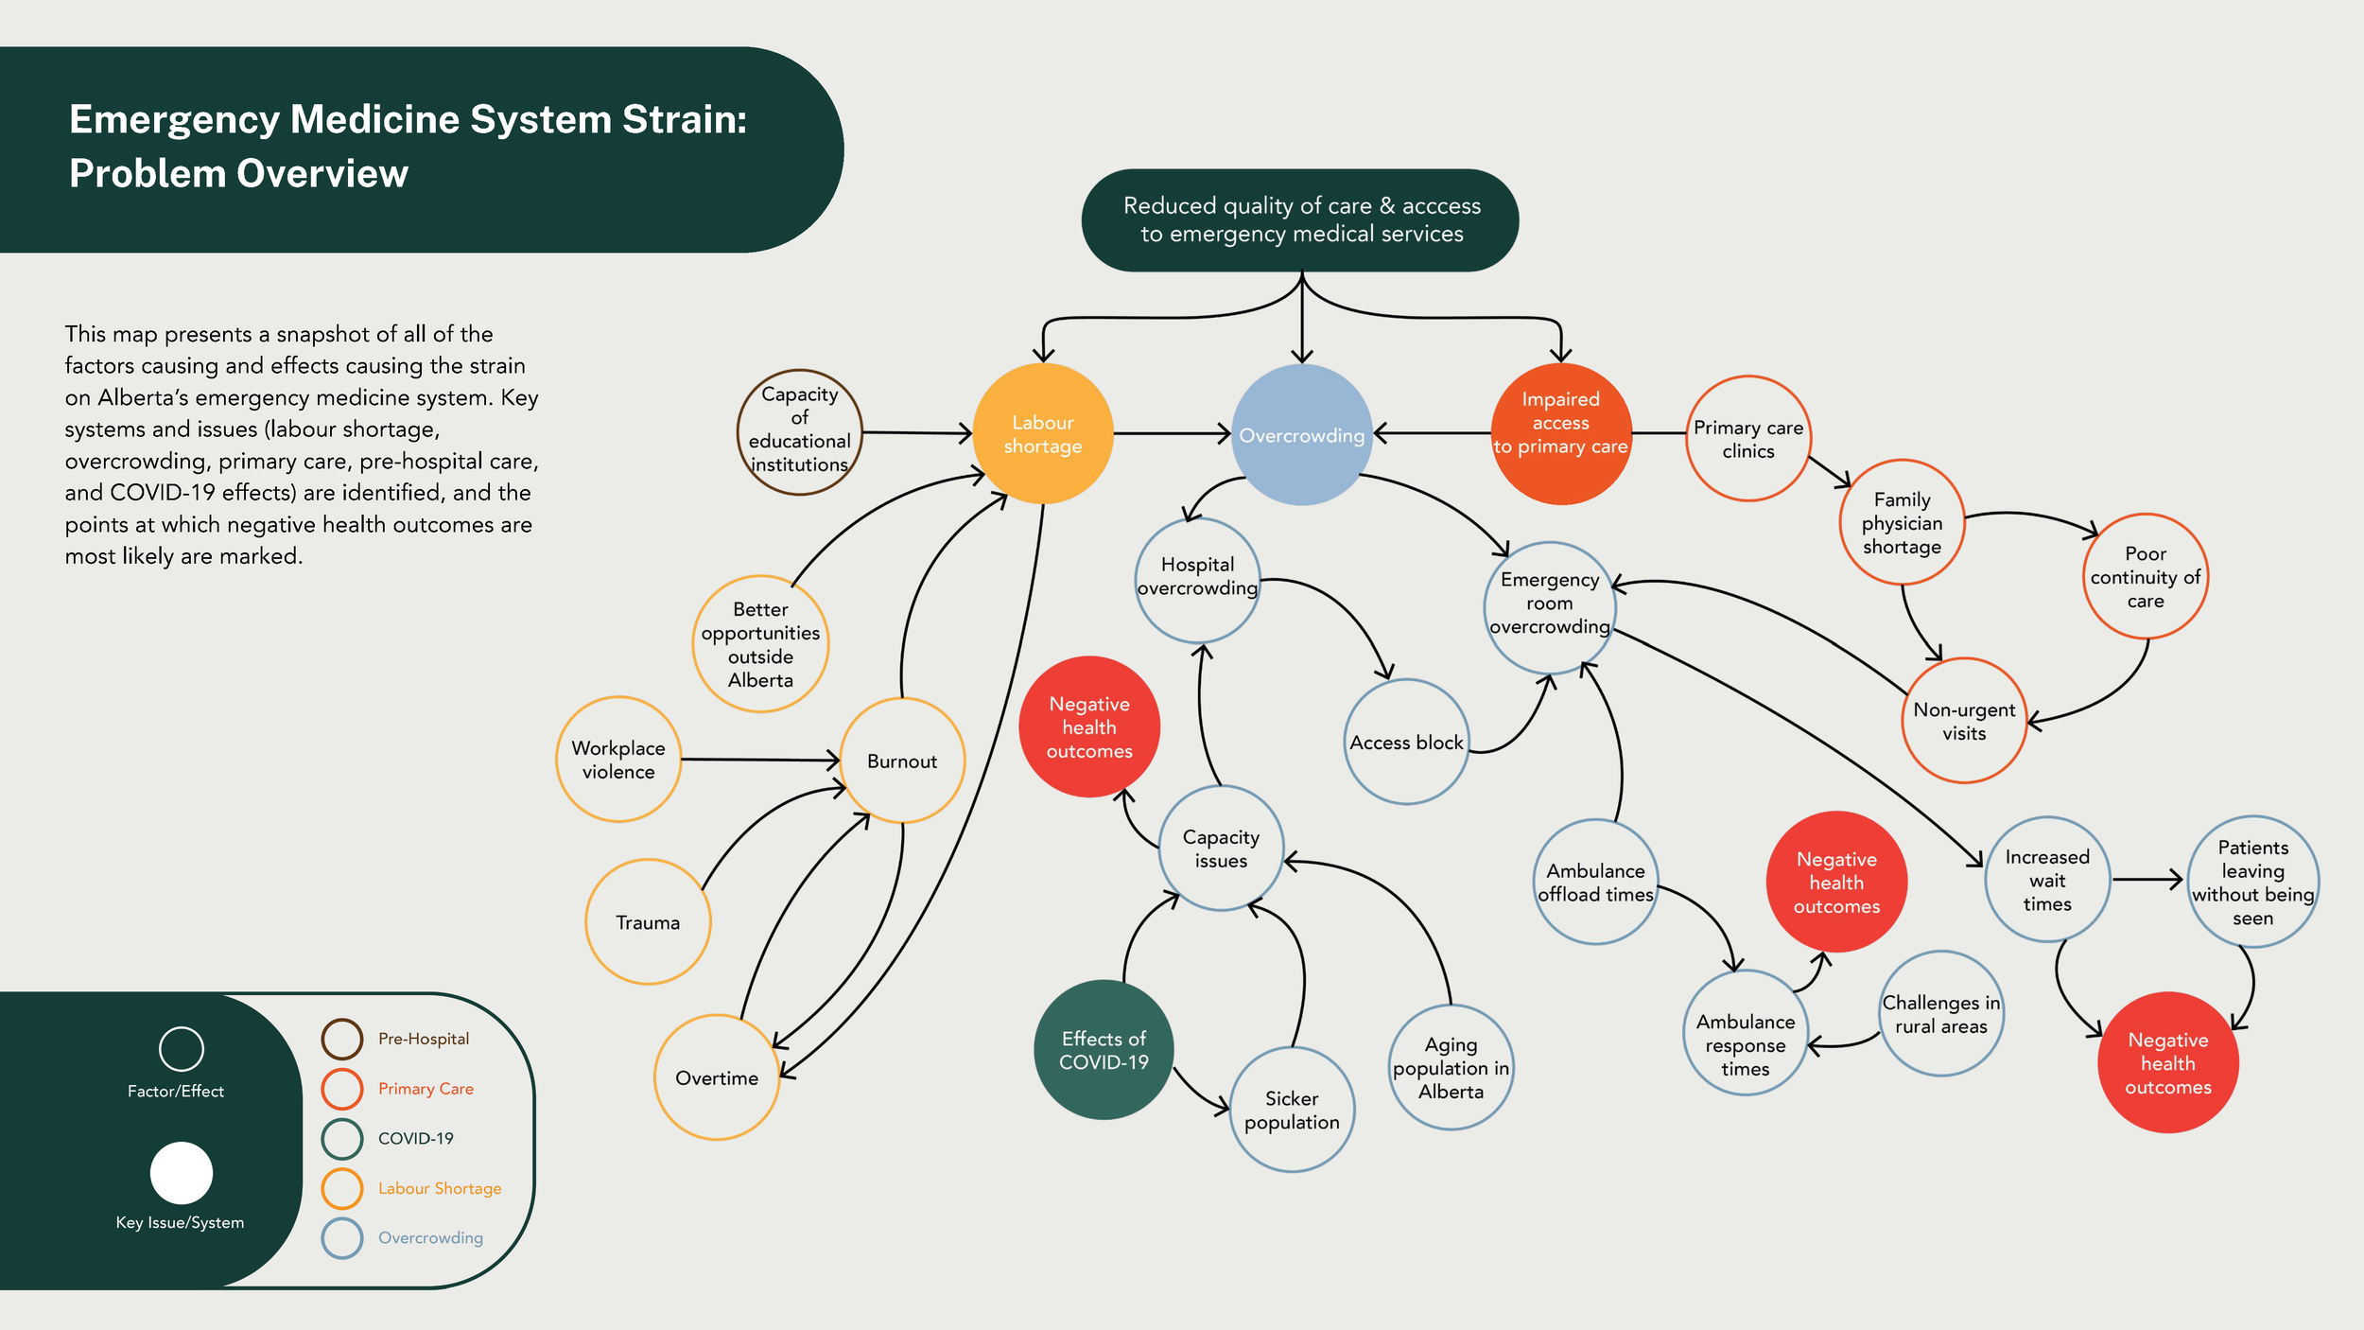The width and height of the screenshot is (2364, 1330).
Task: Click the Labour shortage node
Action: [1043, 434]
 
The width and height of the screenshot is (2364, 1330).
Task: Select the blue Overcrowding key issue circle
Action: [1302, 435]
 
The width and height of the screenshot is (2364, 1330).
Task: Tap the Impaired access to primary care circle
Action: [1560, 434]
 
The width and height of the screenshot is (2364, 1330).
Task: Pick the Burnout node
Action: [902, 761]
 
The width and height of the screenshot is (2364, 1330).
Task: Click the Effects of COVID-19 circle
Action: [1104, 1050]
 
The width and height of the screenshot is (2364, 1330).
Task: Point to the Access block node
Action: [1406, 743]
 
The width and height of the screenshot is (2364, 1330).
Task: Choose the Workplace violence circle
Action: [618, 760]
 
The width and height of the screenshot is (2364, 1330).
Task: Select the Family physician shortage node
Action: [1902, 523]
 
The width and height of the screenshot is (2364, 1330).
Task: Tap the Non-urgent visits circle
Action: [1964, 721]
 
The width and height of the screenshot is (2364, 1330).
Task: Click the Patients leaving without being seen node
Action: [2252, 882]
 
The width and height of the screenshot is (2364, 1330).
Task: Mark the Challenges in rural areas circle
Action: [1940, 1014]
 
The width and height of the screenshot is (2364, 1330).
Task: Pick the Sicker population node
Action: [1292, 1110]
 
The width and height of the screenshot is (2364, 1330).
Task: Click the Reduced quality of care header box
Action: [1300, 220]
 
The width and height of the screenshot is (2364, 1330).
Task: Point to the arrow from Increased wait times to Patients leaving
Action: [2147, 880]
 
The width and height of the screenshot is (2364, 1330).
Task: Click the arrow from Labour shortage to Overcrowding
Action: [1172, 434]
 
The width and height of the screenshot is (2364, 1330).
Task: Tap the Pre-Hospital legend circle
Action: [342, 1039]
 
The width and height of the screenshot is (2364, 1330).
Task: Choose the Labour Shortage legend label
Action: [440, 1188]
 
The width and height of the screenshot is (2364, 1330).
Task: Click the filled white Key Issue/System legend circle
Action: [181, 1173]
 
